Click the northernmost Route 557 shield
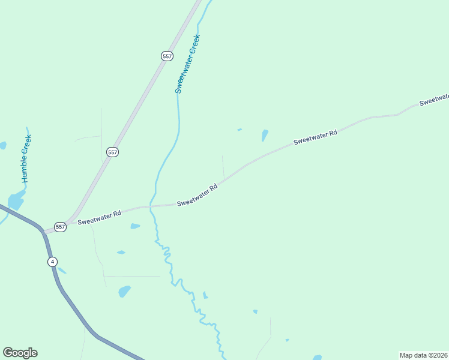tap(167, 56)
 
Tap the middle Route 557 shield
tap(112, 152)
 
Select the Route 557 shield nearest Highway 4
tap(59, 227)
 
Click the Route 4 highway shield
tap(53, 262)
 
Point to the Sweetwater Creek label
tap(187, 64)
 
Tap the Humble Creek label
tap(26, 158)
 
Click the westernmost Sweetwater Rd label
tap(99, 218)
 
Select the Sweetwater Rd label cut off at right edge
tap(434, 100)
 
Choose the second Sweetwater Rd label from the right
tap(315, 137)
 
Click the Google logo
tap(20, 353)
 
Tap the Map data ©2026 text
tap(423, 355)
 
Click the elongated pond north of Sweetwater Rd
tap(265, 136)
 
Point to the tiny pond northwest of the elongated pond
tap(240, 129)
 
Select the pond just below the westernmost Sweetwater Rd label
tap(135, 226)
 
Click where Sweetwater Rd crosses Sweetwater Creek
tap(151, 206)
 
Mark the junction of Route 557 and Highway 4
tap(42, 230)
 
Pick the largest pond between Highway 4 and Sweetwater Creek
tap(124, 292)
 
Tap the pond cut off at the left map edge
tap(2, 145)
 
